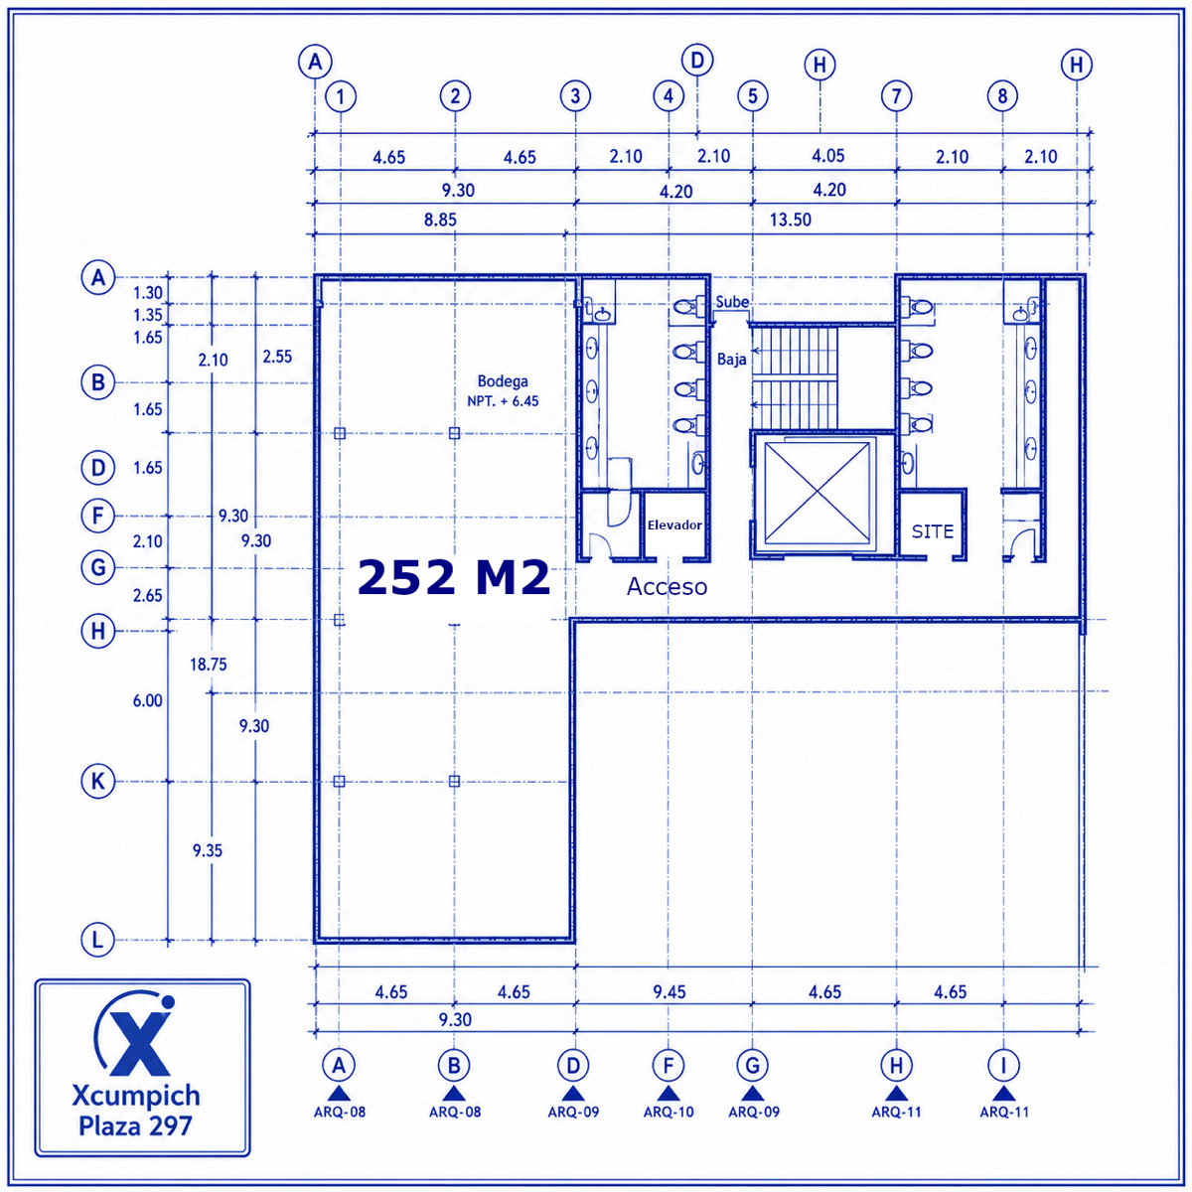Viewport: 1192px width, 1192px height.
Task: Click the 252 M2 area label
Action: tap(453, 577)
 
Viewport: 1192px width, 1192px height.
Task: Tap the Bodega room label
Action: tap(503, 381)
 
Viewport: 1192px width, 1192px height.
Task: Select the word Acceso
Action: tap(667, 586)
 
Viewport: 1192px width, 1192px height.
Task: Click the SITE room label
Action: tap(932, 531)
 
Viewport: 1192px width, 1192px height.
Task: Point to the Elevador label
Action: tap(674, 525)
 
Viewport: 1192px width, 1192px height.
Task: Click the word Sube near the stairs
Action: tap(732, 302)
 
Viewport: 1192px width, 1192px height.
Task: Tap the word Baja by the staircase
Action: tap(731, 360)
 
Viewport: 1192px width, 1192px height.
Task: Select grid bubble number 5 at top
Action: tap(752, 96)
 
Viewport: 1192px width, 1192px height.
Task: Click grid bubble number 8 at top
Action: tap(1002, 96)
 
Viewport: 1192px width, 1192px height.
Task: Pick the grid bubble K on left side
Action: tap(97, 782)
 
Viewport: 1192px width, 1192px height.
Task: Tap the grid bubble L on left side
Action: tap(97, 941)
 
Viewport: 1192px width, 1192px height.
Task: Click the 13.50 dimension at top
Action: tap(790, 220)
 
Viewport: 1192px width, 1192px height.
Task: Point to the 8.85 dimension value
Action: tap(440, 220)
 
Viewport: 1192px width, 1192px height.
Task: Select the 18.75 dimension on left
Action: tap(208, 665)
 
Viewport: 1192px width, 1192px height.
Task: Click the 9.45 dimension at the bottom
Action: tap(670, 992)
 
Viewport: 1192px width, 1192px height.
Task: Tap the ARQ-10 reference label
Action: tap(669, 1112)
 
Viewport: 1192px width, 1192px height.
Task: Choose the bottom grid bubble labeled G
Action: tap(752, 1065)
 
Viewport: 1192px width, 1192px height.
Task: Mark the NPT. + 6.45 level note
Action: tap(503, 401)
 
